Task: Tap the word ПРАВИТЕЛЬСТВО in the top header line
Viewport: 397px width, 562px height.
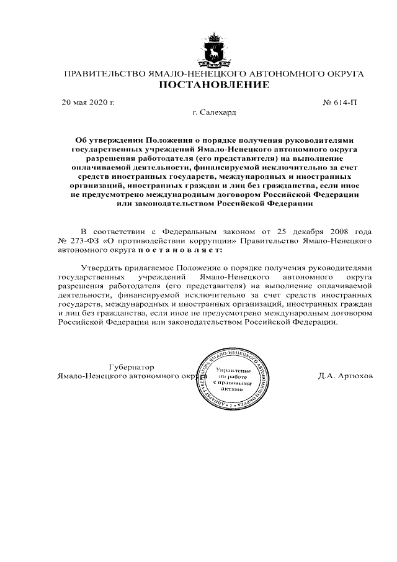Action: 102,74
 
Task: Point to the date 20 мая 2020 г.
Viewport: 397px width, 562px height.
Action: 88,101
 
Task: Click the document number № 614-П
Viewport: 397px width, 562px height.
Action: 341,101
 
